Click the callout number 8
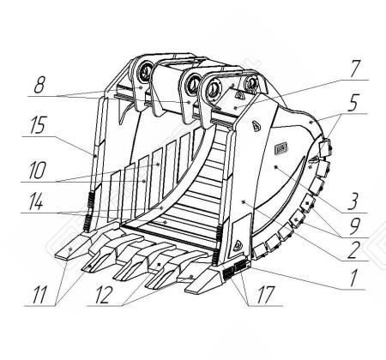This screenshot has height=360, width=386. point(39,85)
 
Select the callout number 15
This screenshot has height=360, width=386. point(37,125)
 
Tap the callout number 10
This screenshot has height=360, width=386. point(37,171)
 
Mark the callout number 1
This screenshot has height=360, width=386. point(354,278)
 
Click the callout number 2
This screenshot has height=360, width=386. point(353,249)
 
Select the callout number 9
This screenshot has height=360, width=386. point(354,226)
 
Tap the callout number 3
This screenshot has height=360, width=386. point(353,201)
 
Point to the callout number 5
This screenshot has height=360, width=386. point(353,103)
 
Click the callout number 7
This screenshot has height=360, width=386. point(355,69)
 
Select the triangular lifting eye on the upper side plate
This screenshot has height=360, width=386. point(256,126)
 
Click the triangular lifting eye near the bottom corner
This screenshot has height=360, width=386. point(238,246)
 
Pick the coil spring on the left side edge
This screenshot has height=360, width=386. point(90,200)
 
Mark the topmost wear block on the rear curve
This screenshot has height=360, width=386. point(324,147)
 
